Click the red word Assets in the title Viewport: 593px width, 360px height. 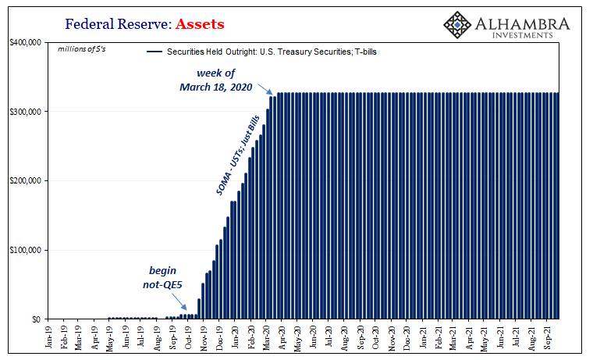(200, 24)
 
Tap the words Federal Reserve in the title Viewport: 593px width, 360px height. (116, 24)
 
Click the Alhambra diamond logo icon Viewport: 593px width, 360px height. (457, 25)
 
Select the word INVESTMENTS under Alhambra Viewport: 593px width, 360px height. (522, 35)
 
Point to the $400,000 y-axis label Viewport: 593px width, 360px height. (25, 42)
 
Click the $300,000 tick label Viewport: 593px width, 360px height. (25, 112)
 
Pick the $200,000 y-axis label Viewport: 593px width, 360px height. (25, 181)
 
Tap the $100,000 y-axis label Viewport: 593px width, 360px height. (25, 250)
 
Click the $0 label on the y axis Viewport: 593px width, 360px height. (36, 319)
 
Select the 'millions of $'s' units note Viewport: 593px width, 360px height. (82, 49)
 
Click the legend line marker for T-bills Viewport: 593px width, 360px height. (154, 52)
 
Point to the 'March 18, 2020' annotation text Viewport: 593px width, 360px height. (215, 87)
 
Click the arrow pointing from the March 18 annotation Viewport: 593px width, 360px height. (265, 89)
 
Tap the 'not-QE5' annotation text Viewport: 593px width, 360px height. (162, 284)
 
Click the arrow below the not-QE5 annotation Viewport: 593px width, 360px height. (179, 302)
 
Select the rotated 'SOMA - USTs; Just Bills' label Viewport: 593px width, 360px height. (238, 155)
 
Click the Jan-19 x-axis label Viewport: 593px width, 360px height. (49, 337)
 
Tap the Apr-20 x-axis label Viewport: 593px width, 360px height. (282, 337)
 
